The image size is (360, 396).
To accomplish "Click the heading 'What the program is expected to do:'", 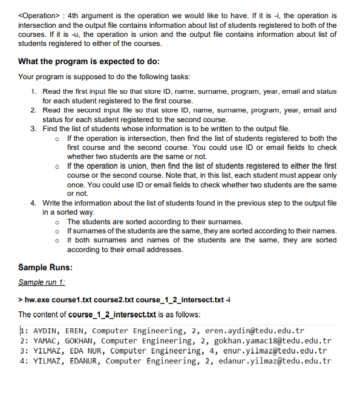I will click(x=89, y=62).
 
